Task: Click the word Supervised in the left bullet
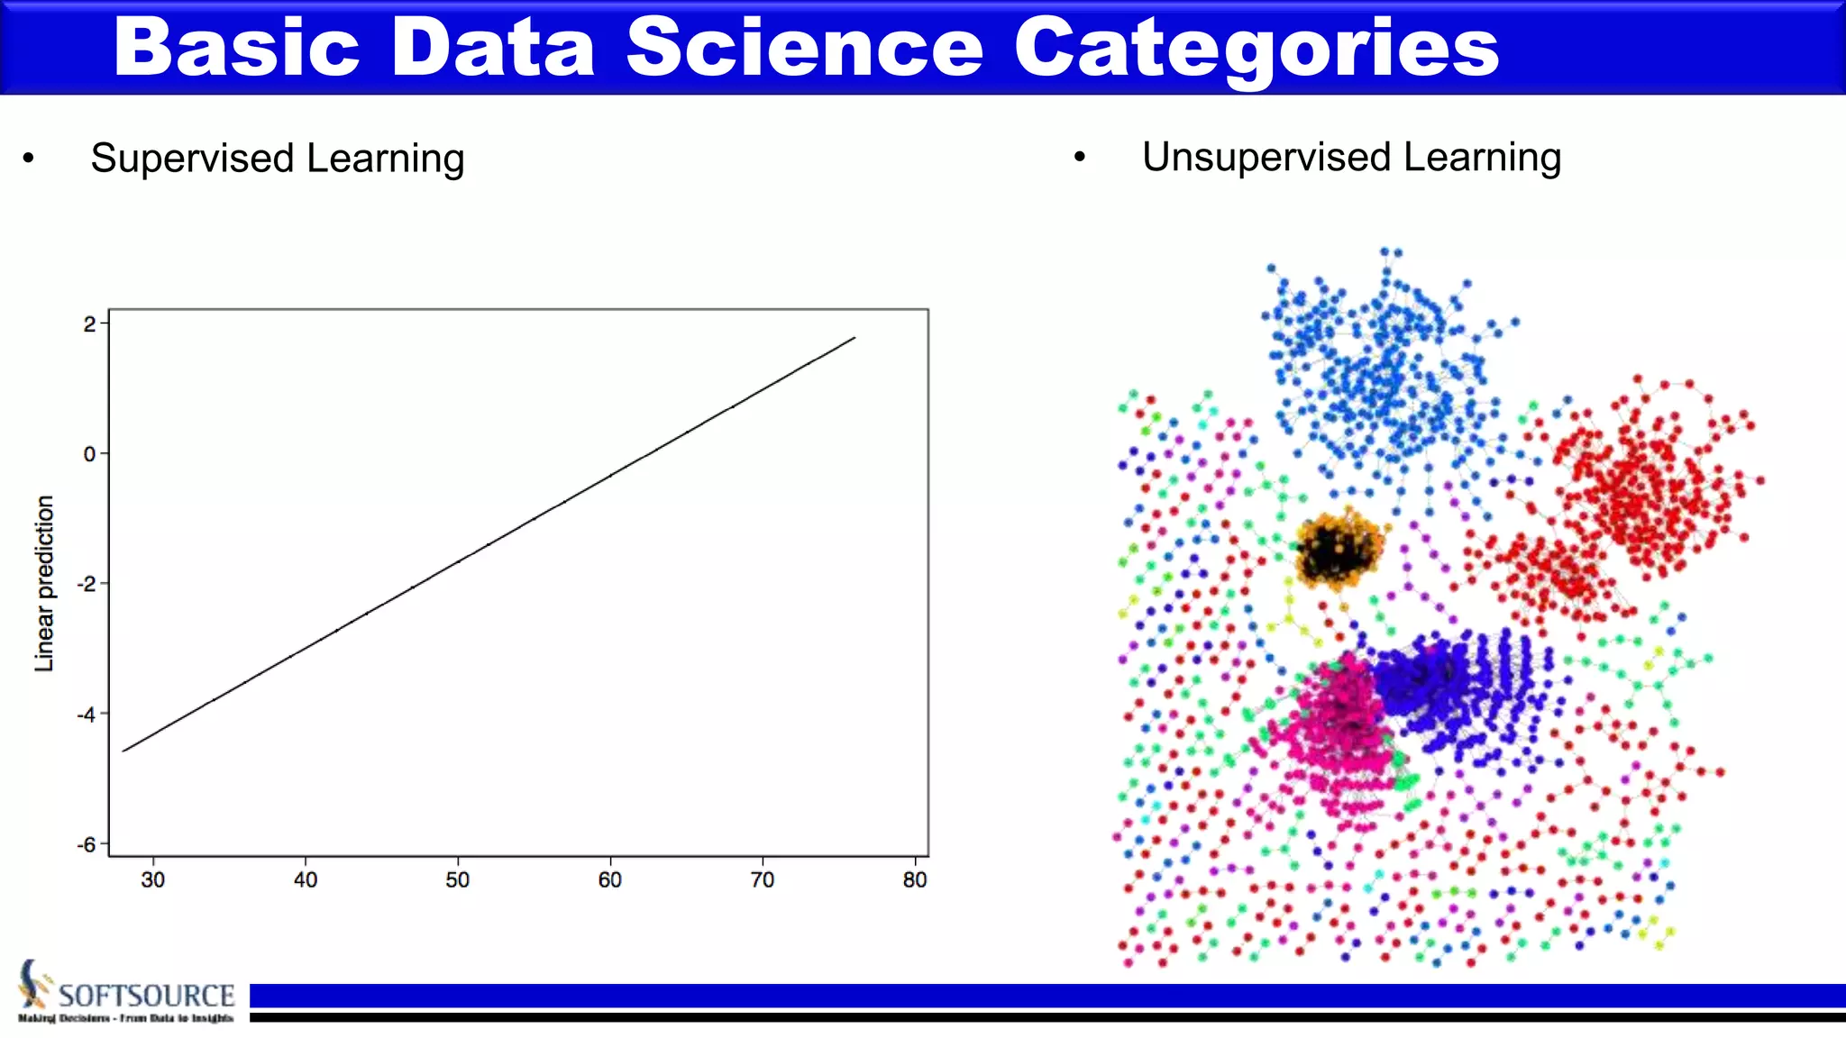click(192, 159)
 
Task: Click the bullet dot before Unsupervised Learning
click(1080, 158)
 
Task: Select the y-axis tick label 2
click(89, 324)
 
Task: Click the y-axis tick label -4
click(87, 715)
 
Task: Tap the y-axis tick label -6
click(87, 845)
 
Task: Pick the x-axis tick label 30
click(152, 880)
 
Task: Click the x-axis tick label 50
click(457, 880)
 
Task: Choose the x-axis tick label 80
click(914, 880)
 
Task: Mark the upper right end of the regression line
click(854, 339)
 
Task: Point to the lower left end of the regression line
click(124, 750)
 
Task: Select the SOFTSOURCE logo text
click(146, 996)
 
